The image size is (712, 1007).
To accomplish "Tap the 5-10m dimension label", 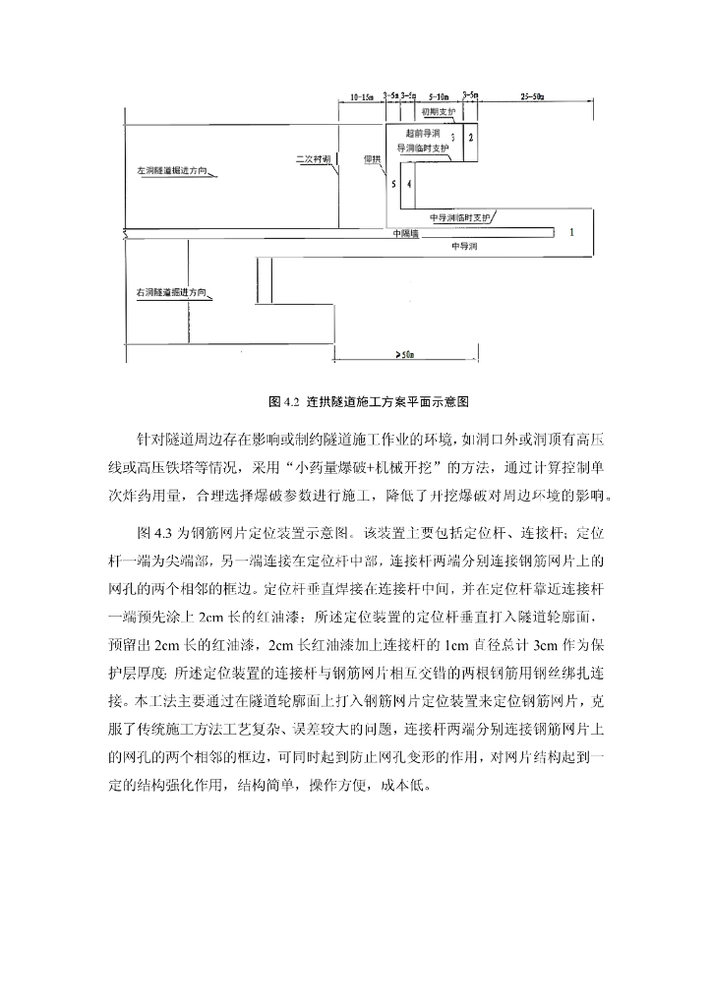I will pyautogui.click(x=439, y=97).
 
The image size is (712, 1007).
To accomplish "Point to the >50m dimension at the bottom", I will pyautogui.click(x=404, y=353).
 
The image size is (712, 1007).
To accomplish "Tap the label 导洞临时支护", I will pyautogui.click(x=422, y=147).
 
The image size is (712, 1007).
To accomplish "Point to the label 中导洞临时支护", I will pyautogui.click(x=458, y=216).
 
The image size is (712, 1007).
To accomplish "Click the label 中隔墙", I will pyautogui.click(x=404, y=233).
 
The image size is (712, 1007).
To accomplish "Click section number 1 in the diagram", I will pyautogui.click(x=570, y=232).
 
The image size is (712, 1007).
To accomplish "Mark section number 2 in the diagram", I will pyautogui.click(x=471, y=136).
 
